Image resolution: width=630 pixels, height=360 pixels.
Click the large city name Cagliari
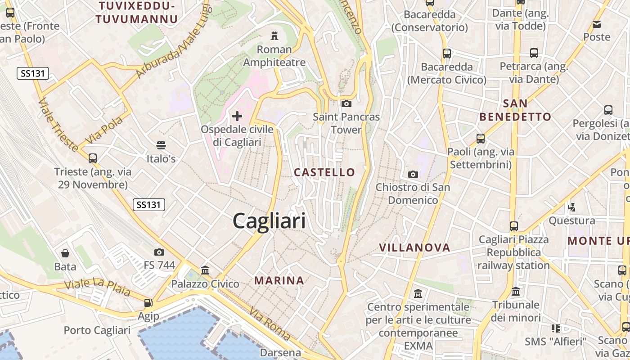[269, 221]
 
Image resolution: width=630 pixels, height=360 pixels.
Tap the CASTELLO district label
[324, 172]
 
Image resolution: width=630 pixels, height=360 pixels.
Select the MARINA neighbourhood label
[279, 280]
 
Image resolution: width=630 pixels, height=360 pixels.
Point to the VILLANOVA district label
[414, 247]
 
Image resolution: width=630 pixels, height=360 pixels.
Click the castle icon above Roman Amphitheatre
[274, 36]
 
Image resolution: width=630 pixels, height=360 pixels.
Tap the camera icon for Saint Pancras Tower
[346, 103]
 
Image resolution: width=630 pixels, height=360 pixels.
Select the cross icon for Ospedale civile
[237, 116]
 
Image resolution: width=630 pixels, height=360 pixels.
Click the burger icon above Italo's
[161, 145]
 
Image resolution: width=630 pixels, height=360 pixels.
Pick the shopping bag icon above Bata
[65, 253]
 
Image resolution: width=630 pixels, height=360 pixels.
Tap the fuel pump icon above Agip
[148, 303]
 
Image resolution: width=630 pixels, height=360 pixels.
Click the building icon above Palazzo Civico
[205, 270]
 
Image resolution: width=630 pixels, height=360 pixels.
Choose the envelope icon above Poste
[597, 24]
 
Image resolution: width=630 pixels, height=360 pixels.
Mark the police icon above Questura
[571, 207]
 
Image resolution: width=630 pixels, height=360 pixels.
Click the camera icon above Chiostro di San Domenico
[413, 174]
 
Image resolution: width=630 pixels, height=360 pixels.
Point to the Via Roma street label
[270, 324]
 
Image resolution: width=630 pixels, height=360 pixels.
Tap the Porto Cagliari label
[97, 330]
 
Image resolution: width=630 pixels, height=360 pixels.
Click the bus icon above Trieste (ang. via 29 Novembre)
[93, 158]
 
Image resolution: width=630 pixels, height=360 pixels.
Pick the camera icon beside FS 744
[159, 252]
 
